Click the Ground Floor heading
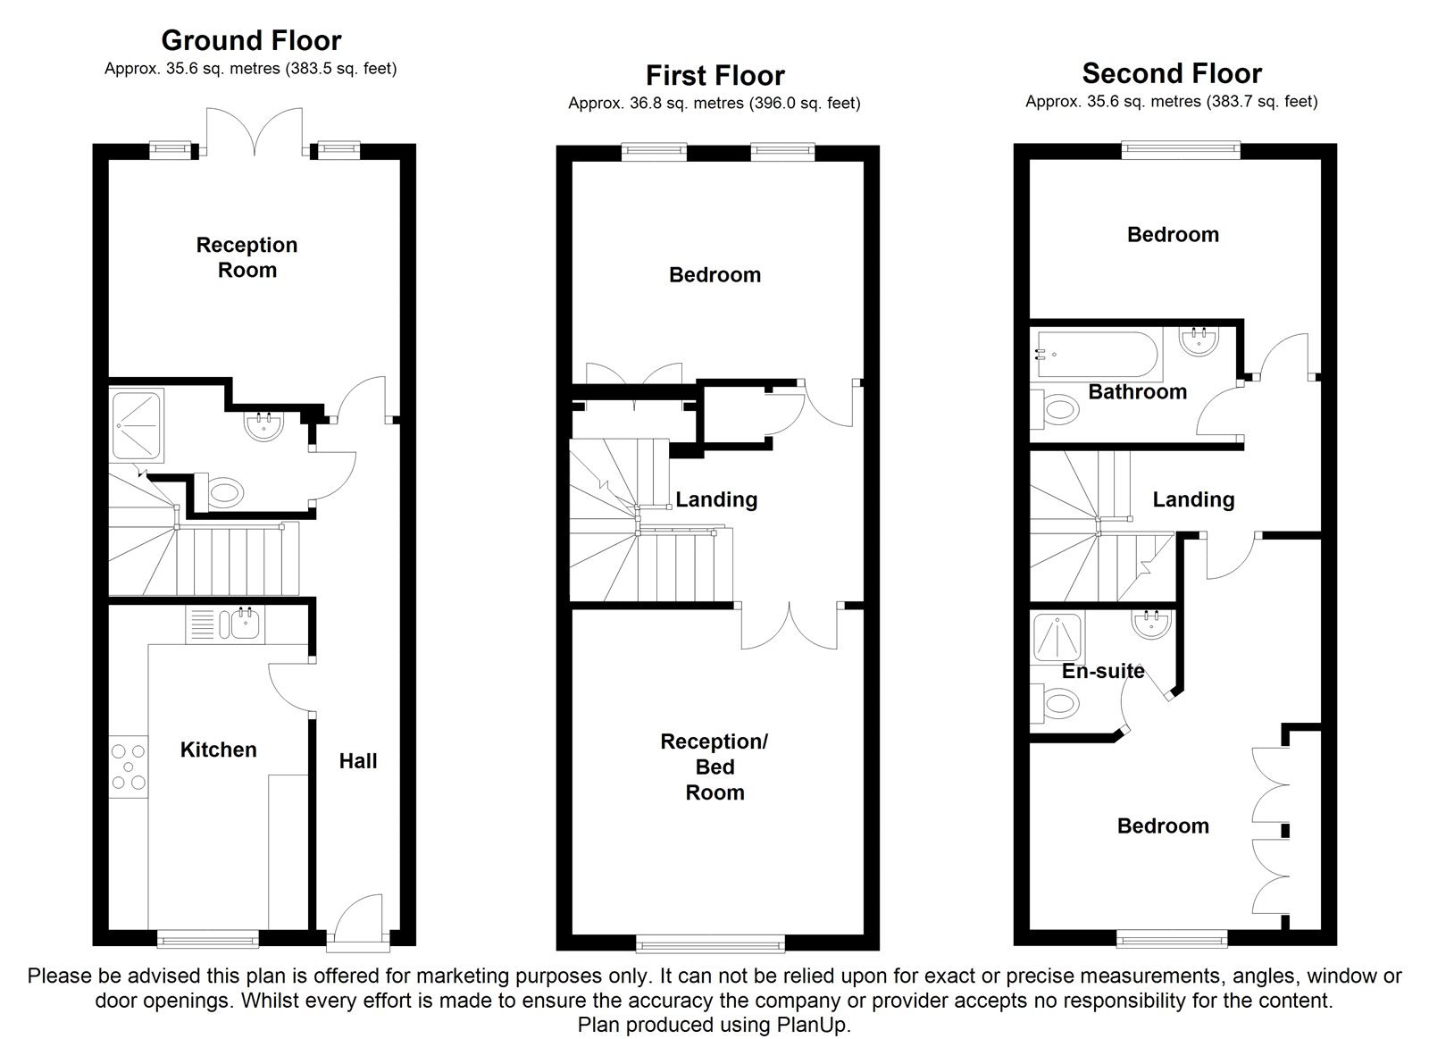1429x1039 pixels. click(x=251, y=40)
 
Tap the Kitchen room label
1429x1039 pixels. click(x=218, y=750)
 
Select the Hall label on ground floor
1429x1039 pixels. click(x=357, y=761)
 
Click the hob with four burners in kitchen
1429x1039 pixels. click(x=129, y=767)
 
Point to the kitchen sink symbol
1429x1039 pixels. click(x=240, y=623)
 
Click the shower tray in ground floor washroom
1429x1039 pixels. click(x=138, y=424)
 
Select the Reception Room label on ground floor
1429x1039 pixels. click(x=247, y=257)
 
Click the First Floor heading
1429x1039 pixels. click(x=714, y=75)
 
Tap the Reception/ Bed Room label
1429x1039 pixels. click(x=714, y=767)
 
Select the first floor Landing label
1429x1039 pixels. click(x=716, y=499)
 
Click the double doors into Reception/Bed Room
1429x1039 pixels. click(x=790, y=625)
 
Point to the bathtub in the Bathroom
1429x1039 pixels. click(x=1097, y=354)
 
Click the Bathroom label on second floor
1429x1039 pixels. click(x=1137, y=391)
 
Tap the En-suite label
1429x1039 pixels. click(x=1103, y=671)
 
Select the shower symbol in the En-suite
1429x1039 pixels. click(x=1057, y=637)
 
